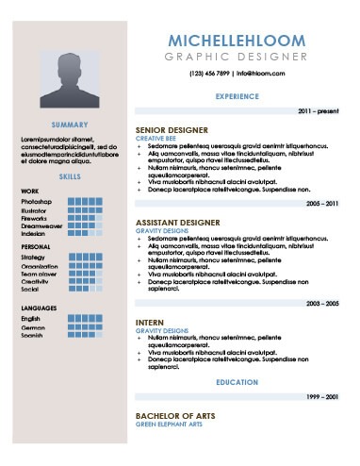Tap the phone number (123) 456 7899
point(209,73)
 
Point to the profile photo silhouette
point(70,75)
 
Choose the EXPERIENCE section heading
point(237,96)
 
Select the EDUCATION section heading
point(237,383)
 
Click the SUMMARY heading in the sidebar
point(70,125)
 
